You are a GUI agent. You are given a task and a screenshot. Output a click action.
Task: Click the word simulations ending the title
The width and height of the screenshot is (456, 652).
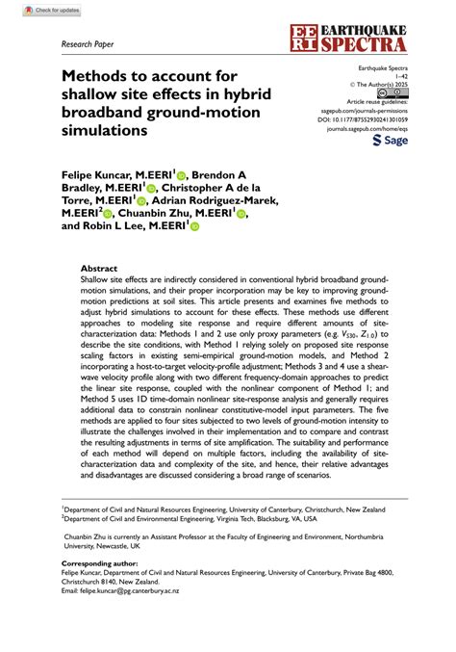[x=105, y=129]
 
